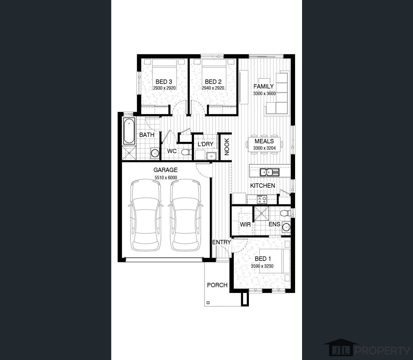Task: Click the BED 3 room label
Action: tap(164, 82)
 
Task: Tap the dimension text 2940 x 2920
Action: tap(213, 88)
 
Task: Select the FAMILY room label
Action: tap(263, 86)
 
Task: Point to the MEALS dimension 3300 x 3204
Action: tap(264, 148)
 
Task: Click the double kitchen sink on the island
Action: tap(270, 172)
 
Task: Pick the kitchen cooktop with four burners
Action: tap(262, 200)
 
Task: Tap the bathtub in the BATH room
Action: tap(129, 131)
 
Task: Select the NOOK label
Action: tap(227, 146)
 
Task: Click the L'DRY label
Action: tap(206, 144)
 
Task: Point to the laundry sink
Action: tap(211, 156)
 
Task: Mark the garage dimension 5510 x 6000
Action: tap(166, 178)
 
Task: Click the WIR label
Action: tap(245, 224)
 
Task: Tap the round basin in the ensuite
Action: tap(286, 227)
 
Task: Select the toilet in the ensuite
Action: tap(285, 213)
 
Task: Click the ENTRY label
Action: tap(221, 242)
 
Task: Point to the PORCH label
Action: tap(217, 285)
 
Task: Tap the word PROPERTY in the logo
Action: tap(382, 351)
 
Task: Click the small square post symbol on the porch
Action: tap(208, 303)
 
